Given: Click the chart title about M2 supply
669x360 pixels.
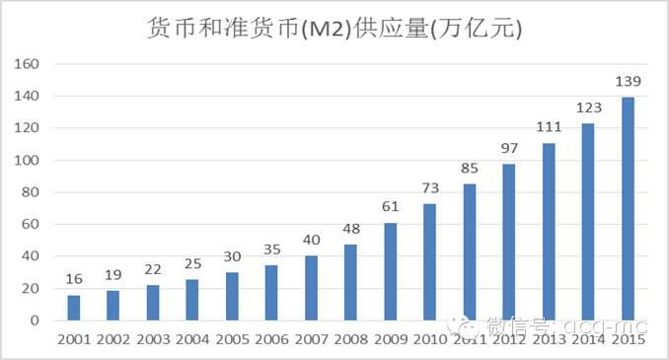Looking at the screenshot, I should tap(334, 29).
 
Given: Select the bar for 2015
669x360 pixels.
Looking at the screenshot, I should tap(628, 209).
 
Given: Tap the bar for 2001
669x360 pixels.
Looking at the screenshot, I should tap(73, 308).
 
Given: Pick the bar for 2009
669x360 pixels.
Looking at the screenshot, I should tap(390, 271).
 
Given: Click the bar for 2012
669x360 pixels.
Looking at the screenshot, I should tap(509, 243).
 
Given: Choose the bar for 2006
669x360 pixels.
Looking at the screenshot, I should tap(271, 293).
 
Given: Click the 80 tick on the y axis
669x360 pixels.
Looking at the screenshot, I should tap(30, 192).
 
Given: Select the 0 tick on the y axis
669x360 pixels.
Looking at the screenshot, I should tap(34, 321).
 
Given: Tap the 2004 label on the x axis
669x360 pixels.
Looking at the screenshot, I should tap(192, 340).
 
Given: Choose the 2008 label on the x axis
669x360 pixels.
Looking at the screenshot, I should tap(350, 340).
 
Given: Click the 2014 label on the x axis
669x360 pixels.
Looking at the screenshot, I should tap(588, 340).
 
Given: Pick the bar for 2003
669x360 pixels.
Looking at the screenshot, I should tap(152, 303).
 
